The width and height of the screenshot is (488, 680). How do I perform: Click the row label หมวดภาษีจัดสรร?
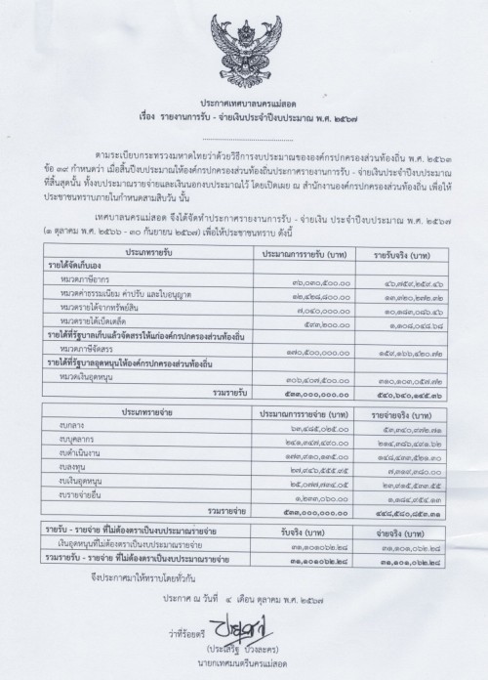113,347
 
